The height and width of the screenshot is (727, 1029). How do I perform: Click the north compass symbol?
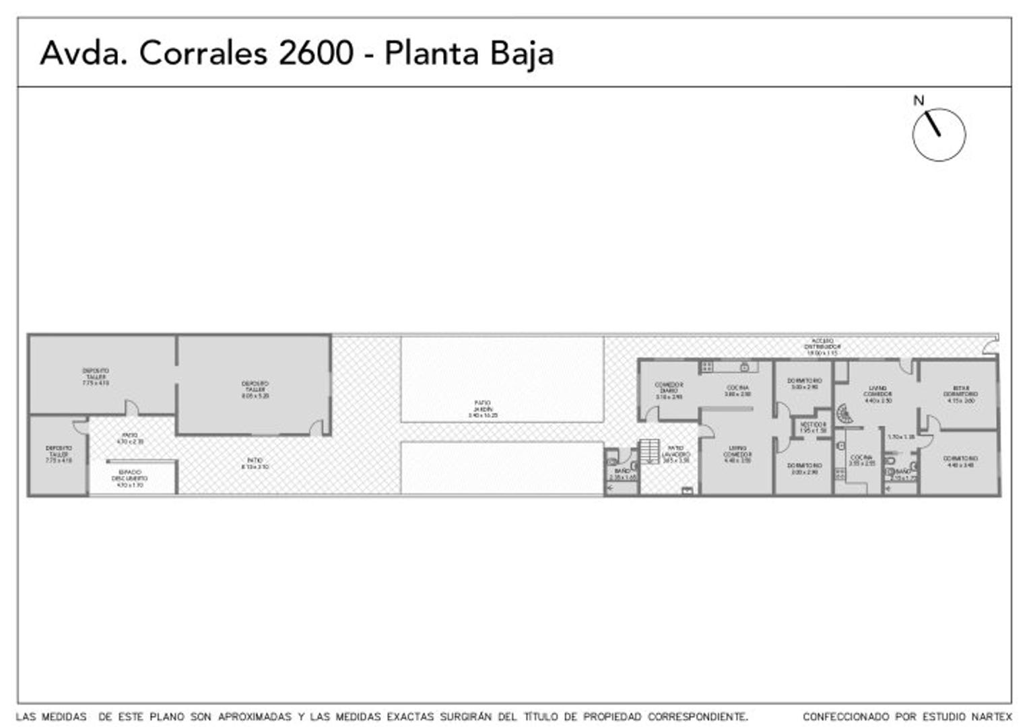coord(938,134)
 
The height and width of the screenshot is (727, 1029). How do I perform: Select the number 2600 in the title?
coord(315,53)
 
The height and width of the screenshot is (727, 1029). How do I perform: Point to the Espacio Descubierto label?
coord(130,478)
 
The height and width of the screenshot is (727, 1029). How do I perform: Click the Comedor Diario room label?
coord(669,390)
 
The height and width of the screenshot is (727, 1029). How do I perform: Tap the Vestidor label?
coord(813,427)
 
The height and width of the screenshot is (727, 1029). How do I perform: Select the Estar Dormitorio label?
coord(960,394)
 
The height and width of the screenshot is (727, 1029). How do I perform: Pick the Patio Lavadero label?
coord(675,454)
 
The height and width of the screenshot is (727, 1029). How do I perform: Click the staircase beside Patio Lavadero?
coord(649,451)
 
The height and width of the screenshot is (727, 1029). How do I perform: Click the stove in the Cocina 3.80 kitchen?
coord(707,367)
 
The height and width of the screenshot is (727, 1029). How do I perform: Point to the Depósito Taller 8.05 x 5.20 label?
coord(255,390)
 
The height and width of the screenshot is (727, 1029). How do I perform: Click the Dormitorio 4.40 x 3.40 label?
coord(960,461)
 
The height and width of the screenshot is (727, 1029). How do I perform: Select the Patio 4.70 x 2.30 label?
coord(130,438)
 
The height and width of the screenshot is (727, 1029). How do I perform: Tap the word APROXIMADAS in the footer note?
coord(255,717)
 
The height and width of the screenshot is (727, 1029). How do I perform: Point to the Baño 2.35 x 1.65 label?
coord(622,474)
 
